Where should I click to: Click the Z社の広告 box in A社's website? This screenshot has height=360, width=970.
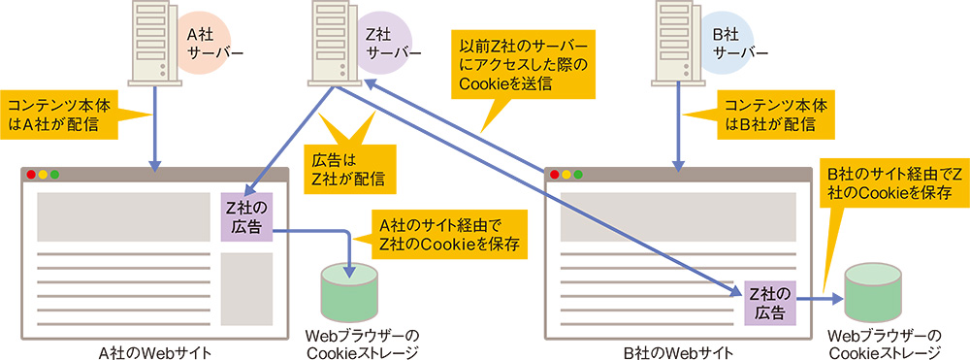click(246, 217)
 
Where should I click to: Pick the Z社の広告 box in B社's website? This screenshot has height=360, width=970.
click(770, 301)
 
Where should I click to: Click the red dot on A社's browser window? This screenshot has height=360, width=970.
click(31, 175)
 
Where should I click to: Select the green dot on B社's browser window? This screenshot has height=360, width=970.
click(579, 175)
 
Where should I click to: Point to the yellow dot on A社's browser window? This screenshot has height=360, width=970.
click(43, 175)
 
